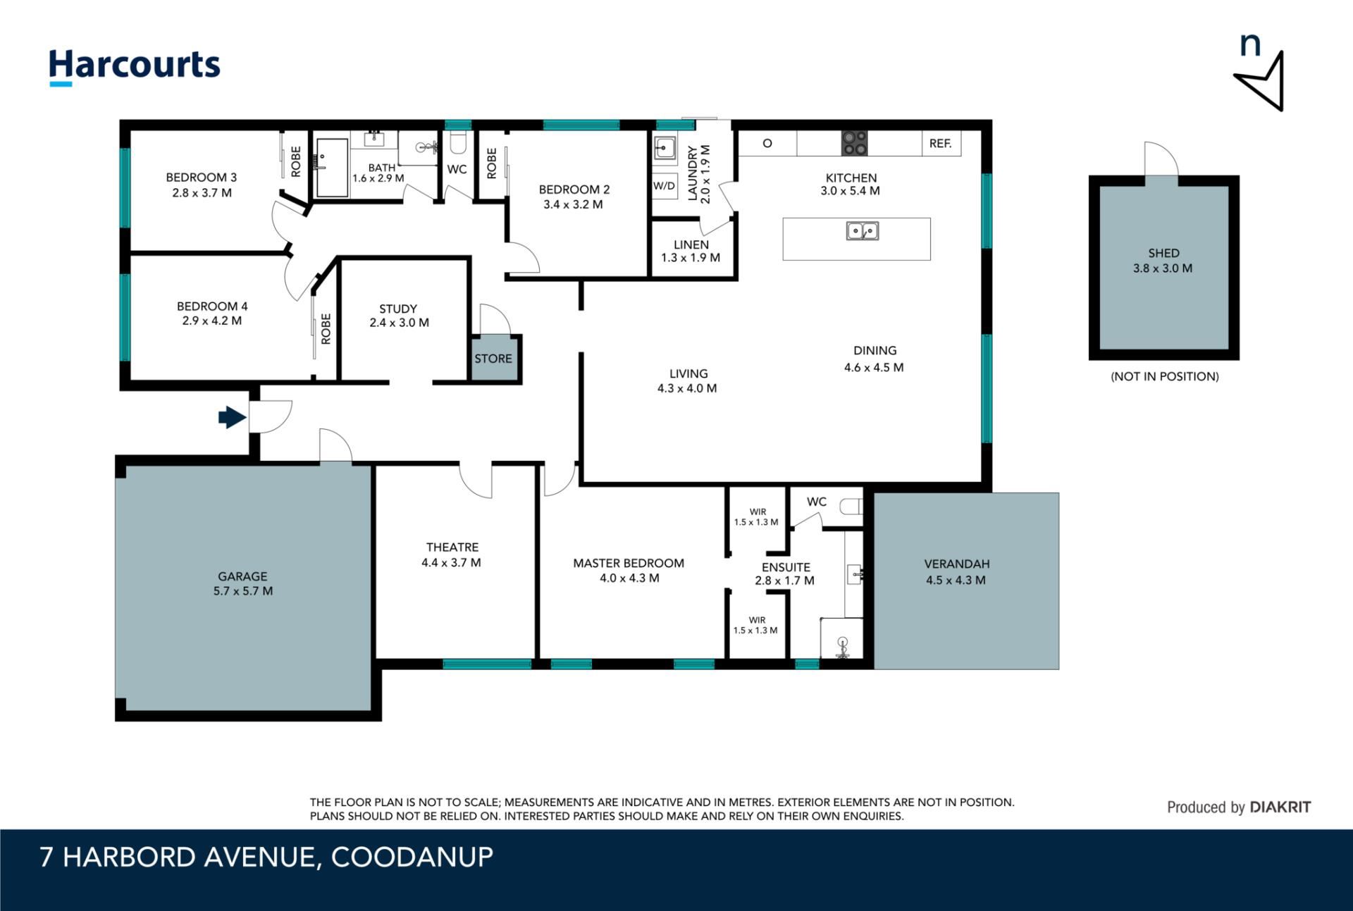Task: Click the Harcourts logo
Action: (x=135, y=66)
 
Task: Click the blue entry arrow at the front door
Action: (x=232, y=417)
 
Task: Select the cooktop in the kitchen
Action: (x=855, y=144)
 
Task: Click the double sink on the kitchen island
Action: (x=863, y=231)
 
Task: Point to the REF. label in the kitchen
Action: (x=940, y=144)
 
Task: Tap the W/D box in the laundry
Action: (x=664, y=186)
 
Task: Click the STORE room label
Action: (x=493, y=359)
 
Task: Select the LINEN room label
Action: (x=691, y=244)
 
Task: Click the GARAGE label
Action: (x=242, y=576)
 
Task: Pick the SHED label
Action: (x=1163, y=253)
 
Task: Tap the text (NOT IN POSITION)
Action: (x=1165, y=376)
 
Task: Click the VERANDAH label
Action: (x=957, y=564)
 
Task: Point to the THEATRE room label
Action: (x=452, y=547)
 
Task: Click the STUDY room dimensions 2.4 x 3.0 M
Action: (x=400, y=323)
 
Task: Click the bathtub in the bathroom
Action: (x=331, y=167)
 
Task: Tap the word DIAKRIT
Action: (x=1280, y=807)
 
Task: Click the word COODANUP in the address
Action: (x=412, y=857)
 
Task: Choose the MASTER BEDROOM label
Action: (x=629, y=563)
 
